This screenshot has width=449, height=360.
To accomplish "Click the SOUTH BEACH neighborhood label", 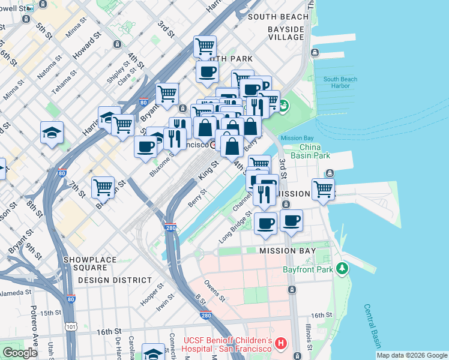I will pyautogui.click(x=277, y=17).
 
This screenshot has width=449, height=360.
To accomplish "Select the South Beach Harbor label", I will pyautogui.click(x=340, y=82).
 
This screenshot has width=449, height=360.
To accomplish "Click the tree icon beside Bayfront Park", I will pyautogui.click(x=343, y=268).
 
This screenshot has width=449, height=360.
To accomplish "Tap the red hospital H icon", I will pyautogui.click(x=281, y=344).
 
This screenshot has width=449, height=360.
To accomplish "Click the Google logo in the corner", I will pyautogui.click(x=20, y=353).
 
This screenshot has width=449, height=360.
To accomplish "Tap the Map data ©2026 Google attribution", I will pyautogui.click(x=412, y=355).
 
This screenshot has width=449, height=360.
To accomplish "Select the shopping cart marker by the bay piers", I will pyautogui.click(x=324, y=188).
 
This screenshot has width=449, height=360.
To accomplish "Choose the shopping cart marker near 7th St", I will pyautogui.click(x=103, y=187).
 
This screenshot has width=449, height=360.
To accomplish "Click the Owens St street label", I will pyautogui.click(x=214, y=290).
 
